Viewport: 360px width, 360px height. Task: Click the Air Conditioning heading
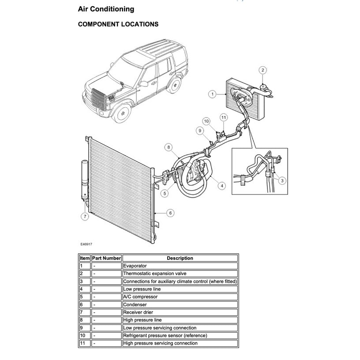click(x=106, y=9)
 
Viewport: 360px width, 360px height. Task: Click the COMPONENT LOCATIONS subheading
click(x=118, y=24)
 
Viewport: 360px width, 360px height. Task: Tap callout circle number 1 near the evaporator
click(x=212, y=94)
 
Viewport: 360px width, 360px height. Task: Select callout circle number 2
click(x=262, y=70)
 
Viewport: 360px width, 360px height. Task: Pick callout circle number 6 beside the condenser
click(x=171, y=213)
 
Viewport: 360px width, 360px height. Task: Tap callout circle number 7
click(x=84, y=216)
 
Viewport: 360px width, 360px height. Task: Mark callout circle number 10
click(x=206, y=121)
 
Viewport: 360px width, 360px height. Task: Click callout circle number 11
click(x=224, y=117)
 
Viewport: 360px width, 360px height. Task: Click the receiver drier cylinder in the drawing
click(x=84, y=181)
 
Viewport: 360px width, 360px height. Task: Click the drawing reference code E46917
click(x=86, y=244)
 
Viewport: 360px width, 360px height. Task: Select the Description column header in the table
click(x=180, y=258)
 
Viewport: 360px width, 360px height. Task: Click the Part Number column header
click(x=106, y=258)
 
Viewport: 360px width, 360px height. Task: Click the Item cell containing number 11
click(x=84, y=343)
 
